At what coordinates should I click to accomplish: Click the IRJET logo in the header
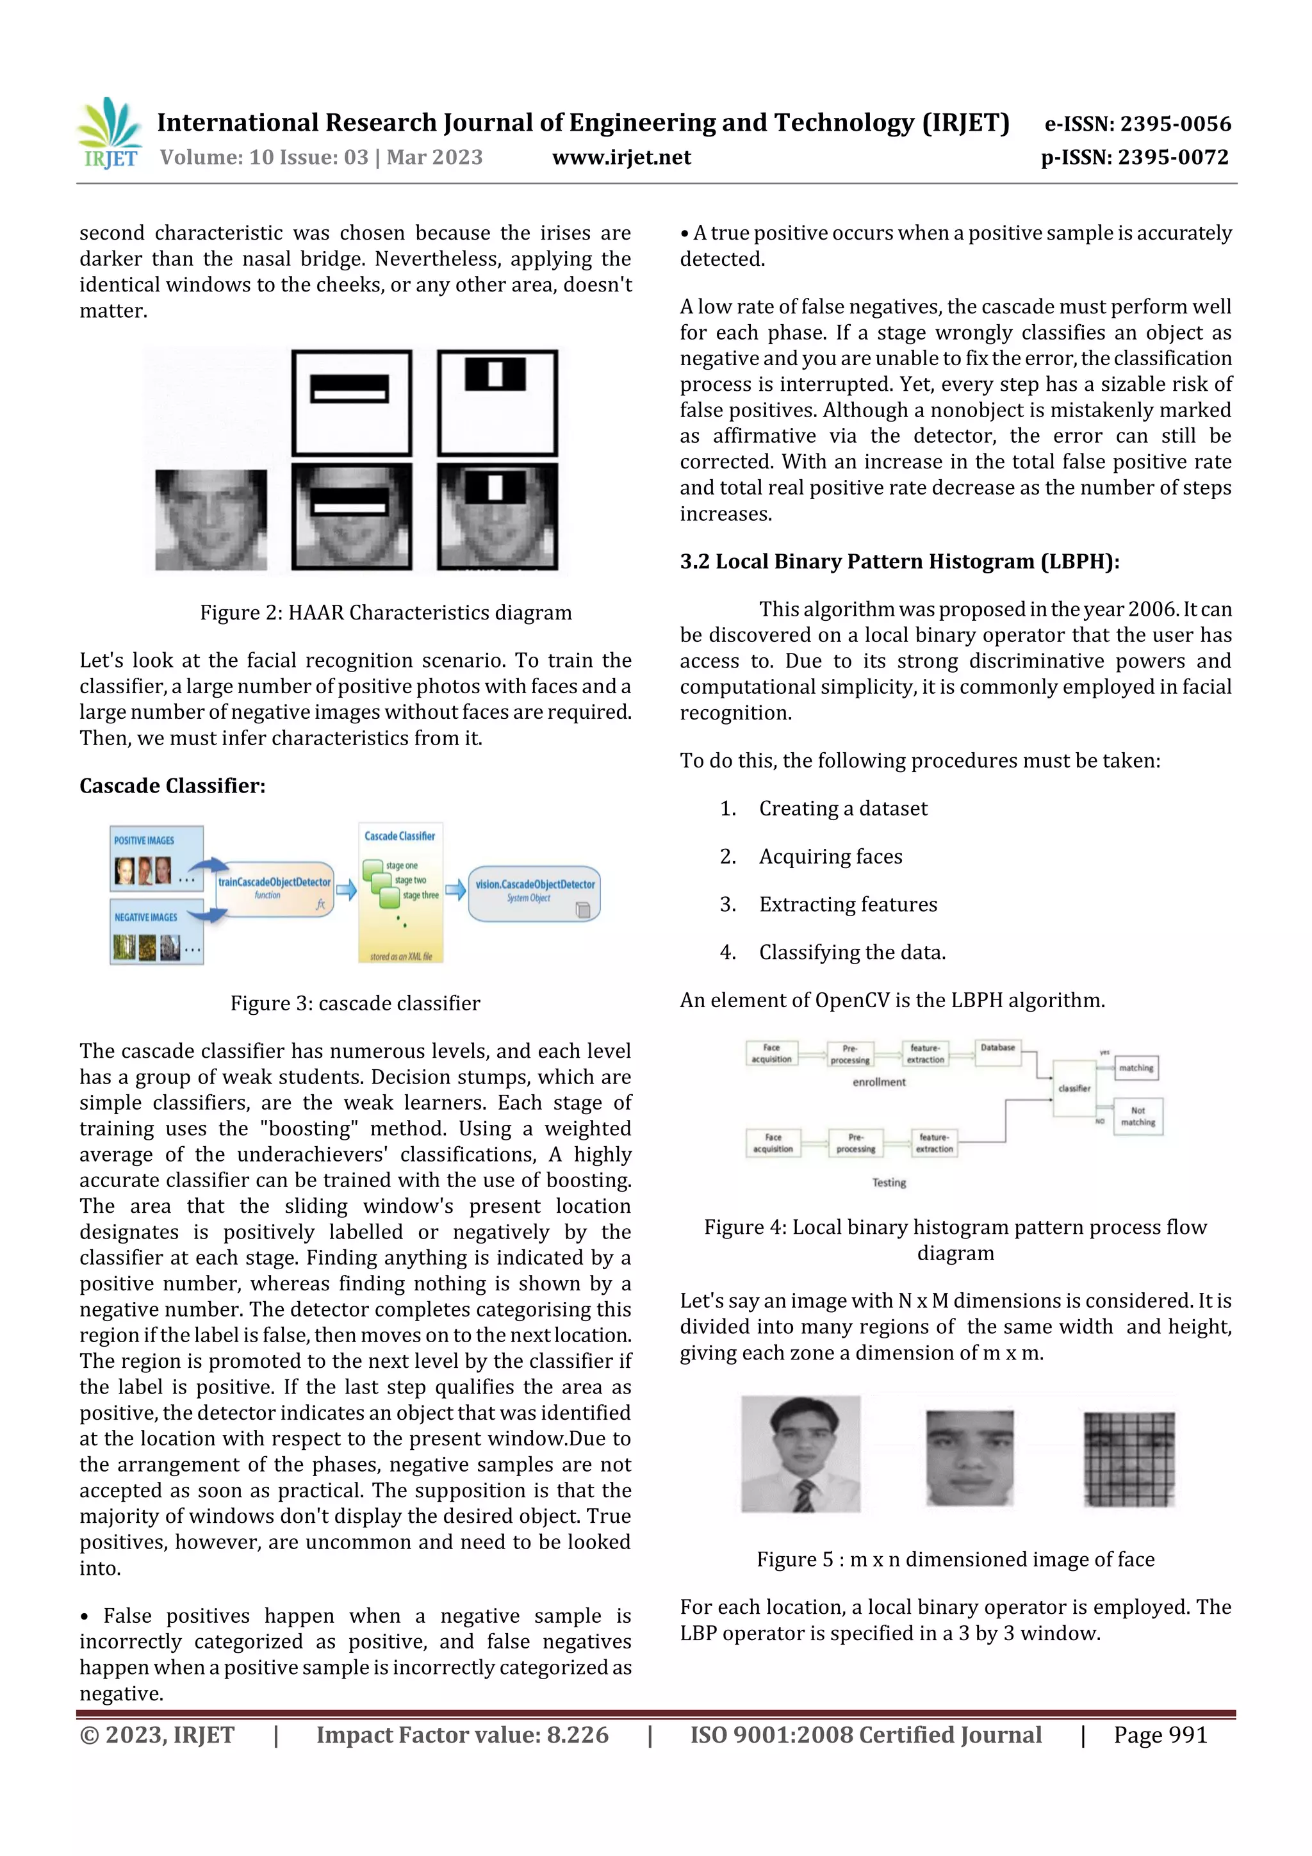point(111,133)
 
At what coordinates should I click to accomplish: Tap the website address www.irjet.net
point(621,157)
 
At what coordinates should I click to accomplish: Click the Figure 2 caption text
point(386,612)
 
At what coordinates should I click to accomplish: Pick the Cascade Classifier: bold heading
point(172,785)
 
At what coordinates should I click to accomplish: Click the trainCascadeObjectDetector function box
point(275,889)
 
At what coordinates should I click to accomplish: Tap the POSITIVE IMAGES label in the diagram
point(144,841)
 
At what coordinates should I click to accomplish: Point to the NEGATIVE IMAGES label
point(145,917)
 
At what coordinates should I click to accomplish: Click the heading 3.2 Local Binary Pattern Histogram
point(899,562)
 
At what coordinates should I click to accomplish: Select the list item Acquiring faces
point(830,857)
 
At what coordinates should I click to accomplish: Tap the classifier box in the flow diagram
point(1074,1088)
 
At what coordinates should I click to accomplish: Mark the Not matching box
point(1137,1116)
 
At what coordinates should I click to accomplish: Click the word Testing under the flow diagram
point(889,1183)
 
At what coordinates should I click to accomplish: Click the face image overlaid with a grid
point(1129,1459)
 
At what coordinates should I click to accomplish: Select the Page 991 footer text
point(1160,1736)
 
